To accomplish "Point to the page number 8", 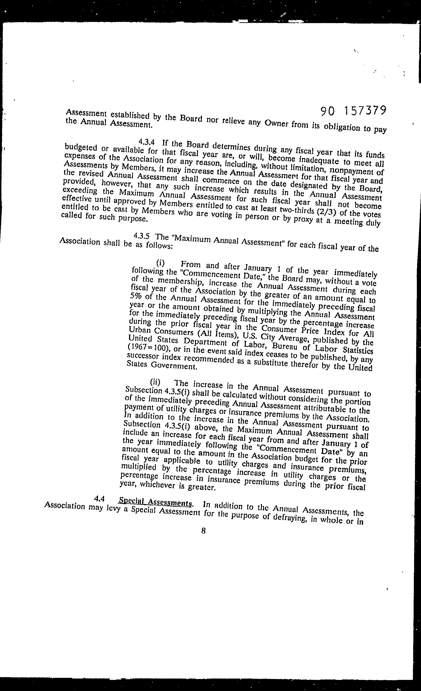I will [x=204, y=530].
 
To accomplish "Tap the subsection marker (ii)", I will [x=155, y=382].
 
